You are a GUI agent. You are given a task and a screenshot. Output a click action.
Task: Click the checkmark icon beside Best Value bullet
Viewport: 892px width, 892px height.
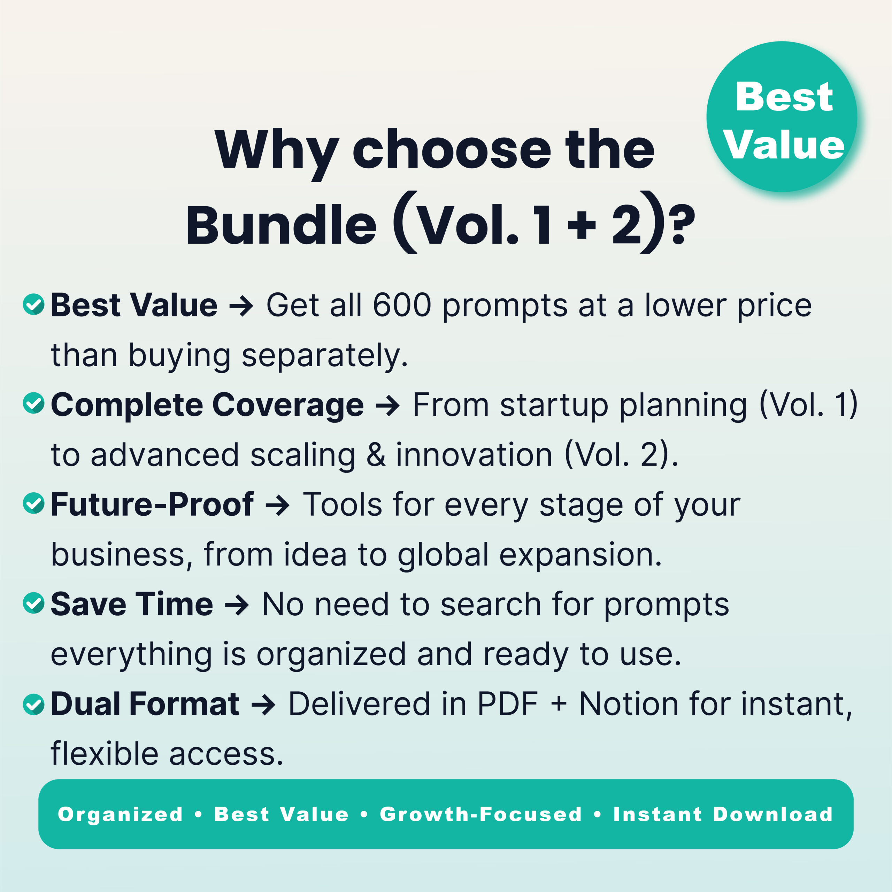click(x=33, y=304)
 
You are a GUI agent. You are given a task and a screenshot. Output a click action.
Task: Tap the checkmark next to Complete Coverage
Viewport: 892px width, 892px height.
click(x=33, y=403)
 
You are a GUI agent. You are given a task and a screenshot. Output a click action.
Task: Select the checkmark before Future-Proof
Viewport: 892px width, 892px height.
click(x=33, y=503)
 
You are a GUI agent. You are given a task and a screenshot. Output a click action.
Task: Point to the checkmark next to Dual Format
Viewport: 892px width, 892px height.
click(x=33, y=703)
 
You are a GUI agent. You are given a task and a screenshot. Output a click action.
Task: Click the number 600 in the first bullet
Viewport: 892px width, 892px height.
click(x=402, y=305)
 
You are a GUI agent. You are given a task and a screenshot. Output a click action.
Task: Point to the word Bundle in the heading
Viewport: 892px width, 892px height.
click(x=281, y=226)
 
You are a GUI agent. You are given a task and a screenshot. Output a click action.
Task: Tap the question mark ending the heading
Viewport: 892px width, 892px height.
click(x=682, y=226)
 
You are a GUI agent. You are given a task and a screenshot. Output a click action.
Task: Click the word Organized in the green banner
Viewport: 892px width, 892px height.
click(x=121, y=814)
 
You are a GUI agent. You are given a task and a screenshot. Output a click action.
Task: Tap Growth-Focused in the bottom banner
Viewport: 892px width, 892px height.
click(x=480, y=814)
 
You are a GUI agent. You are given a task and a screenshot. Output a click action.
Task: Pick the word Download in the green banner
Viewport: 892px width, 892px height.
click(x=773, y=814)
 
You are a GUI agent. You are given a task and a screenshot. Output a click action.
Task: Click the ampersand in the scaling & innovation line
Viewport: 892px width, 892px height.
click(x=376, y=455)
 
